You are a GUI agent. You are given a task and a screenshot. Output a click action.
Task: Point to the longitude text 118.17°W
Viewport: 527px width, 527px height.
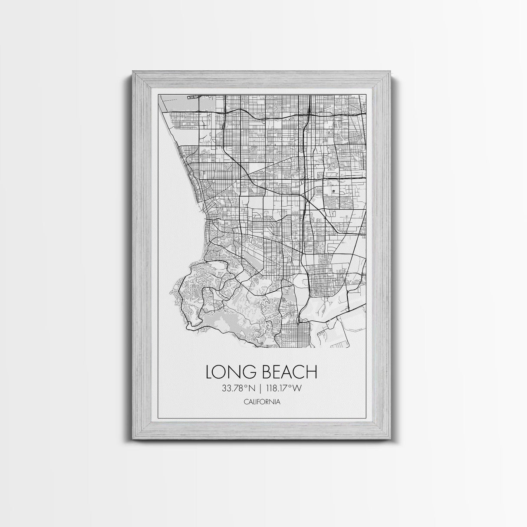(284, 389)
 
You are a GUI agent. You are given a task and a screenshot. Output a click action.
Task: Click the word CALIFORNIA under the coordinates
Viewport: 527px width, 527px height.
(262, 402)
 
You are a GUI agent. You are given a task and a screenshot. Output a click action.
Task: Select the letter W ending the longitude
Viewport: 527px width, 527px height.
(297, 389)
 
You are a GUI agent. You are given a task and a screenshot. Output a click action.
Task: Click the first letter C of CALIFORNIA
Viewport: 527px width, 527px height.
(246, 402)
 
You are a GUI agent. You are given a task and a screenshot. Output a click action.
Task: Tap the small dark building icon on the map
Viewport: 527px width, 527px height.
(333, 191)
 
